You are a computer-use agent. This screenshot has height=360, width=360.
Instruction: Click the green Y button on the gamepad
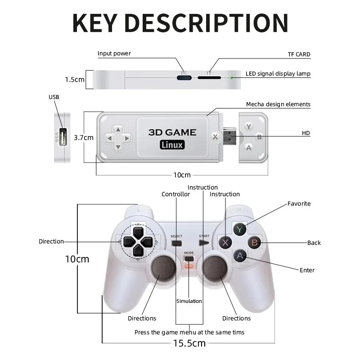[239, 229]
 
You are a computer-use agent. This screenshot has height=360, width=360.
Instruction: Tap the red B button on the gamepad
[254, 243]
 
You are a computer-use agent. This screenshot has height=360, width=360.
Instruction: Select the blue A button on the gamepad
[240, 256]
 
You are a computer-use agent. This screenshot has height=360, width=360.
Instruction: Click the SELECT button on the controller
[176, 243]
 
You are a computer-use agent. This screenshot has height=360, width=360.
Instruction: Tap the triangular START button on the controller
[204, 243]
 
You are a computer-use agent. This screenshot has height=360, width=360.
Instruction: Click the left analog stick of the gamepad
[163, 268]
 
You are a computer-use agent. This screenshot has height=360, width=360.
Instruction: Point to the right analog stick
[215, 268]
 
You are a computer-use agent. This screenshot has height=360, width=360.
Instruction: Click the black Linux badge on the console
[172, 145]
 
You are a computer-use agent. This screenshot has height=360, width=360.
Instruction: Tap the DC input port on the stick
[184, 77]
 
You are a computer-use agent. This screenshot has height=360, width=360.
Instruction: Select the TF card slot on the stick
[209, 77]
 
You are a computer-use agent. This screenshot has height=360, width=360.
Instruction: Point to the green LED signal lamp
[232, 78]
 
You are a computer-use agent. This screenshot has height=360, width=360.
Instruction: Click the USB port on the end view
[63, 137]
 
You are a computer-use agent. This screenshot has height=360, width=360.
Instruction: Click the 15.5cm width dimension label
[189, 343]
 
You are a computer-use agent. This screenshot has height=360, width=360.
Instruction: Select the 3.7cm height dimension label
[84, 138]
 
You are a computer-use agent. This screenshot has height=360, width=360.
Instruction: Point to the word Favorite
[299, 204]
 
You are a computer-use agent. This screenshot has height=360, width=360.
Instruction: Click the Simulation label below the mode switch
[189, 301]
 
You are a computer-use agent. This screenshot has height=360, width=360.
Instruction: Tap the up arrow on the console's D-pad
[118, 130]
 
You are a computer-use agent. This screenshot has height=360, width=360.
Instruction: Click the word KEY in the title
[95, 23]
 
